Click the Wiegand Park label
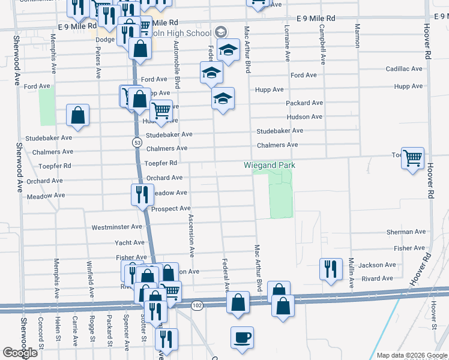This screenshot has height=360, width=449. tap(270, 165)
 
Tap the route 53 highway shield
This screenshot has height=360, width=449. tap(137, 142)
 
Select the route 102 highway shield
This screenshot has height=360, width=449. tap(196, 305)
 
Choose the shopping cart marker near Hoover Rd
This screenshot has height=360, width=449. tap(412, 159)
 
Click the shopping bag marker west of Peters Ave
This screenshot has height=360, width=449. tap(78, 115)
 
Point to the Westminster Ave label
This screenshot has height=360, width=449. tap(116, 227)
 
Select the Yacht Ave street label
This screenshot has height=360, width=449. tap(130, 242)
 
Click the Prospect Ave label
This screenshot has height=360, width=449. tap(170, 209)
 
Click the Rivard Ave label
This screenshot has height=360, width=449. tap(378, 278)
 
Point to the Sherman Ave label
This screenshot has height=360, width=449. tap(406, 232)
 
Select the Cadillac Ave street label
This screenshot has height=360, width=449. tap(404, 69)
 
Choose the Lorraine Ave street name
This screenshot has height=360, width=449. tap(288, 44)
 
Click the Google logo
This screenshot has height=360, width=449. tap(20, 353)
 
